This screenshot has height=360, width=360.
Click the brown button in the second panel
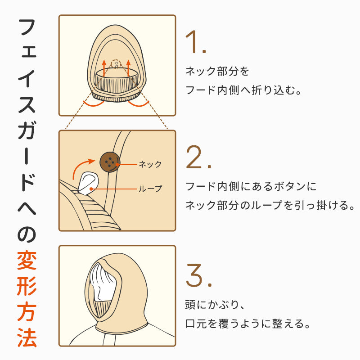(x=110, y=162)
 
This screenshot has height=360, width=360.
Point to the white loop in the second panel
(x=88, y=183)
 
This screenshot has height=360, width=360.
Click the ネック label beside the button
(x=150, y=164)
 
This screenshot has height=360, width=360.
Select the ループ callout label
(x=150, y=189)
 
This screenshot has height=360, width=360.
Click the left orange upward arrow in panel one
(x=104, y=68)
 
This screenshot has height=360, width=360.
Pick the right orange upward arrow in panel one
(x=128, y=68)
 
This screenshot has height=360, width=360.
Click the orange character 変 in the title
(x=27, y=261)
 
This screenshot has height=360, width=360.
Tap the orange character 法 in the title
(x=27, y=337)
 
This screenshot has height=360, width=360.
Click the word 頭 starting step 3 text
(x=190, y=305)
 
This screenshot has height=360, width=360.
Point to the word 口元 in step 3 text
(x=195, y=324)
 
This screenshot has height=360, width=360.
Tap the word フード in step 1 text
(x=200, y=90)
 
